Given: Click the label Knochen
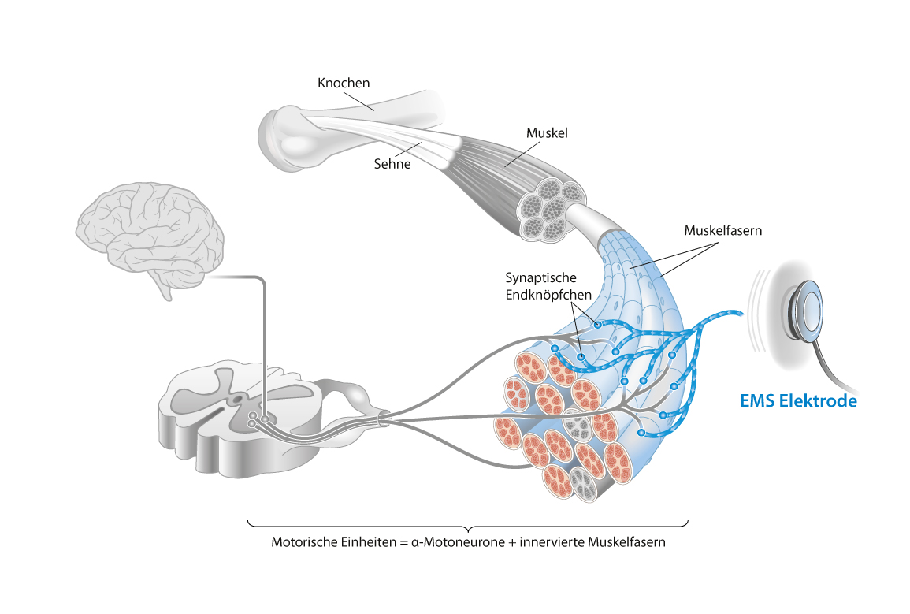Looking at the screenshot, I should (344, 83).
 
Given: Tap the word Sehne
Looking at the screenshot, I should (392, 165).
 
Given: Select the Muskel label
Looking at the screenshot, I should (547, 133).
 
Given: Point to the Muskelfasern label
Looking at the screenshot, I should (723, 231).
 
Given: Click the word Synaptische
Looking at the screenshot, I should (541, 278).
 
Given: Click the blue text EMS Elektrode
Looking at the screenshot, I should (798, 401).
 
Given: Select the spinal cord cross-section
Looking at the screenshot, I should (236, 418).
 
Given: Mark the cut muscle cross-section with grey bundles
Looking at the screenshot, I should (552, 208).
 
